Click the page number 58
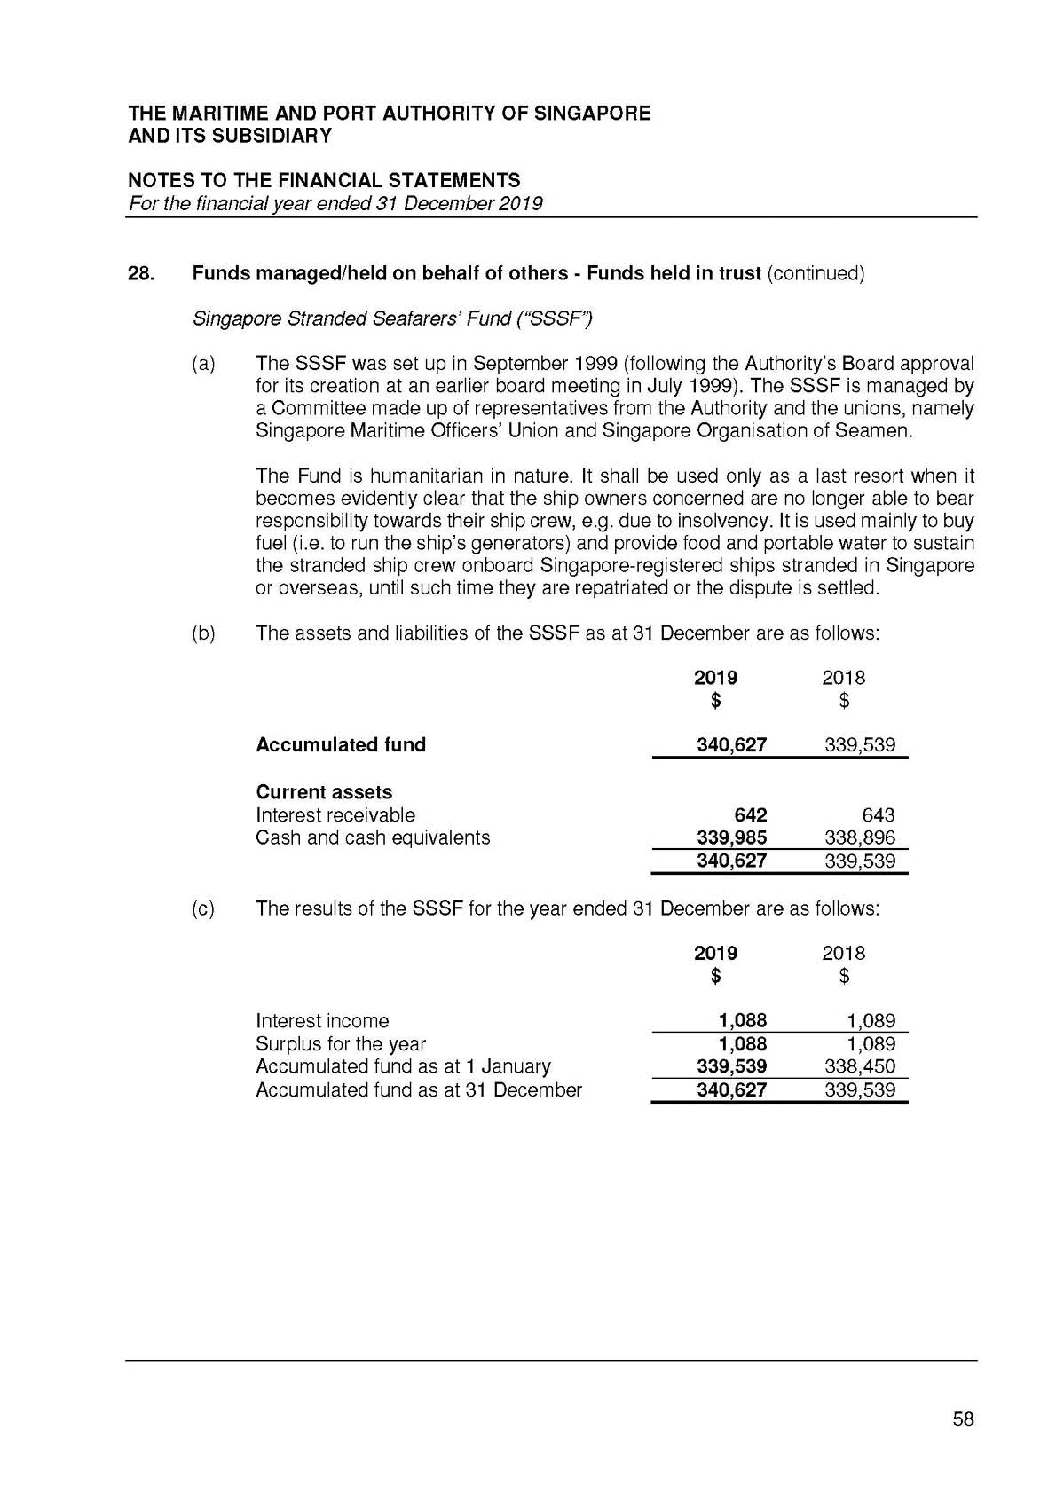point(963,1419)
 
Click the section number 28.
point(142,273)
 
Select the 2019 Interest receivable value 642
point(751,814)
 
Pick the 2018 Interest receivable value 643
point(878,814)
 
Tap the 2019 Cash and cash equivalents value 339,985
point(732,837)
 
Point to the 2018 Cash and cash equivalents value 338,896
point(860,837)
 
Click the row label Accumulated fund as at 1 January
point(403,1066)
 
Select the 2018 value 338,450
point(860,1066)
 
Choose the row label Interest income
point(322,1021)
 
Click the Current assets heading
point(324,791)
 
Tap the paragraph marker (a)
point(203,364)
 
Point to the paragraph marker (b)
point(203,633)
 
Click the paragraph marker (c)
point(203,908)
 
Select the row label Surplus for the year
point(341,1044)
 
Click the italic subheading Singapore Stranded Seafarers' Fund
point(392,318)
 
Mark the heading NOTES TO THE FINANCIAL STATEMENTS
point(325,181)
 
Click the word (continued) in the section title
point(815,273)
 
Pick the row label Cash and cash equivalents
point(373,837)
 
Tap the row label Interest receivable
point(335,814)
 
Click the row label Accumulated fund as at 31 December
point(419,1089)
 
